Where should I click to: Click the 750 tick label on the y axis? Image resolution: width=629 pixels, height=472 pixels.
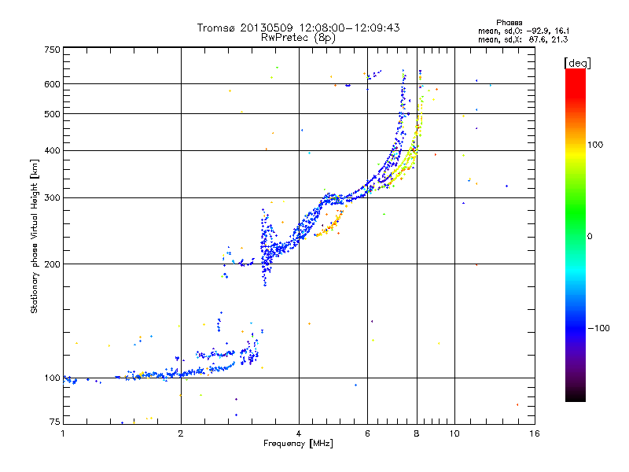coord(53,49)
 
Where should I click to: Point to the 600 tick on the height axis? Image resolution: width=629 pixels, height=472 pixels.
coord(53,83)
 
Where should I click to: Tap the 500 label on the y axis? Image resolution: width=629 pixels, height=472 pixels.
coord(53,113)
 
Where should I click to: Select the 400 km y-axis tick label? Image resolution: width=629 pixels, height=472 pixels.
coord(53,150)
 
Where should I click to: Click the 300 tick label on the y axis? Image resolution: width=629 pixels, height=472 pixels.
coord(53,197)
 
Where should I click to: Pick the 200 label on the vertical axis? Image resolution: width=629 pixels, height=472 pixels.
coord(53,264)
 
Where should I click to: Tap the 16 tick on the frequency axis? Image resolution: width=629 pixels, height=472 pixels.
coord(534,433)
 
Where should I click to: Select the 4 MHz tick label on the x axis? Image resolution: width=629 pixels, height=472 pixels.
coord(299,433)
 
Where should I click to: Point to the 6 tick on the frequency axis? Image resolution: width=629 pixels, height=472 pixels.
coord(368,433)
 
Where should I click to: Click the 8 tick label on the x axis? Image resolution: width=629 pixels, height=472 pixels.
coord(417,433)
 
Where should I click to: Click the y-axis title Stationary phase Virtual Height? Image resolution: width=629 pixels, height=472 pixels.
coord(35,236)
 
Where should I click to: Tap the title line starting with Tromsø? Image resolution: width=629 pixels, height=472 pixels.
coord(298,28)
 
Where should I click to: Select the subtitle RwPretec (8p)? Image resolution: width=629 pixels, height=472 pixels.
coord(298,37)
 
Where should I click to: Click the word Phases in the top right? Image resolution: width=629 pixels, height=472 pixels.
coord(510,22)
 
